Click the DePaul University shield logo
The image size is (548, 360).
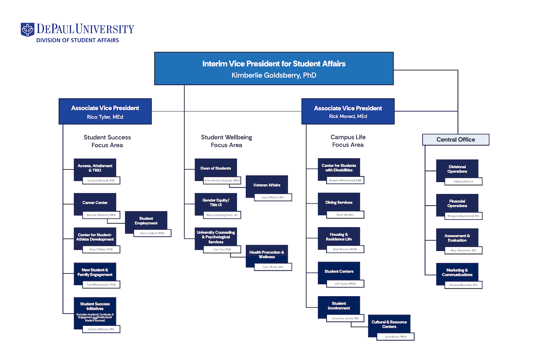(27, 30)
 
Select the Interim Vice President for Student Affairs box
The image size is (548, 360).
(274, 68)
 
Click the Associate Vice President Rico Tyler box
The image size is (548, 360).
(105, 111)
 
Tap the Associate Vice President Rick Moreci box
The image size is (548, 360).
(348, 111)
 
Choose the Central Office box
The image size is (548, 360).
(455, 140)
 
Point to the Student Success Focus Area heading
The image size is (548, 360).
(107, 141)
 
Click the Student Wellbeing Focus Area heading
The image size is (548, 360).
(227, 141)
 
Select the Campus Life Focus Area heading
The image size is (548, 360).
(348, 141)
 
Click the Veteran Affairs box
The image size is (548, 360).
(267, 185)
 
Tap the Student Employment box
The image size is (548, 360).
(146, 221)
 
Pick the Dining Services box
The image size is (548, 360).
(339, 202)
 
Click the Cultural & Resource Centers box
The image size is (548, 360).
(389, 324)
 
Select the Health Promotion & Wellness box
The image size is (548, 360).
(267, 255)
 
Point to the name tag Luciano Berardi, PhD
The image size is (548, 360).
(101, 181)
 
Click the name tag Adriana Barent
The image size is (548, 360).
(463, 182)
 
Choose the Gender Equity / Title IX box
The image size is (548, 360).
(216, 203)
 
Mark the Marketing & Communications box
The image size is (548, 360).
(457, 272)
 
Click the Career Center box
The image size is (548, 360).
(95, 203)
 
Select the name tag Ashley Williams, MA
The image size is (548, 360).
(101, 329)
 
